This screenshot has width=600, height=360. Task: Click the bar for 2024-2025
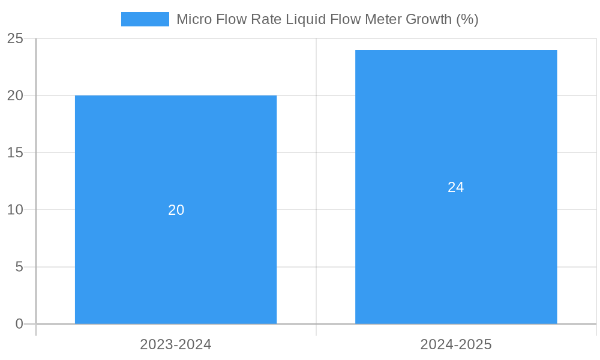pyautogui.click(x=456, y=252)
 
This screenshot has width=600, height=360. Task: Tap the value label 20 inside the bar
pyautogui.click(x=176, y=210)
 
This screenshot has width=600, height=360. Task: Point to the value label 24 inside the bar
pyautogui.click(x=456, y=187)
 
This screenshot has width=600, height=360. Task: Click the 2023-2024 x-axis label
pyautogui.click(x=176, y=344)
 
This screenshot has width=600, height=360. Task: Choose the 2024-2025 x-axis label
pyautogui.click(x=456, y=344)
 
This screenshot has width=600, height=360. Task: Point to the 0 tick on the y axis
pyautogui.click(x=19, y=324)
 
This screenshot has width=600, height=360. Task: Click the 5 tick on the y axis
pyautogui.click(x=19, y=267)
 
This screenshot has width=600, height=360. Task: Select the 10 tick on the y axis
pyautogui.click(x=15, y=210)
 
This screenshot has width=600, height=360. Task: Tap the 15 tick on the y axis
pyautogui.click(x=15, y=152)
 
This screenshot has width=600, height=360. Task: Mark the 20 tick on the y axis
pyautogui.click(x=15, y=95)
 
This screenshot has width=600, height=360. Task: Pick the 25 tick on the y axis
pyautogui.click(x=15, y=38)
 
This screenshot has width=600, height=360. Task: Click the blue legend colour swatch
pyautogui.click(x=145, y=19)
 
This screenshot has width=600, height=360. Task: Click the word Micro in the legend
pyautogui.click(x=193, y=19)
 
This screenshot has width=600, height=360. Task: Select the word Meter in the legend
pyautogui.click(x=384, y=19)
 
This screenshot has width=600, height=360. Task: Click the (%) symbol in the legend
pyautogui.click(x=467, y=19)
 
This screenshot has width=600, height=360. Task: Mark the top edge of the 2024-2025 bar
pyautogui.click(x=456, y=50)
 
